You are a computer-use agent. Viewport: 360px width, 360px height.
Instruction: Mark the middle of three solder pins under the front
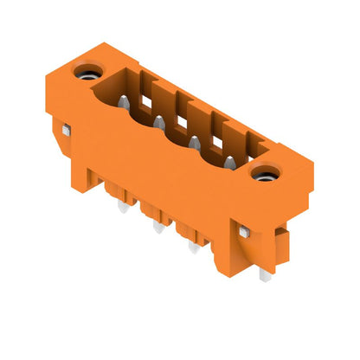[x=157, y=228]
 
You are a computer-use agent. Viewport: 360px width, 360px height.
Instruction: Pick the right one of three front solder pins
[x=192, y=247]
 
